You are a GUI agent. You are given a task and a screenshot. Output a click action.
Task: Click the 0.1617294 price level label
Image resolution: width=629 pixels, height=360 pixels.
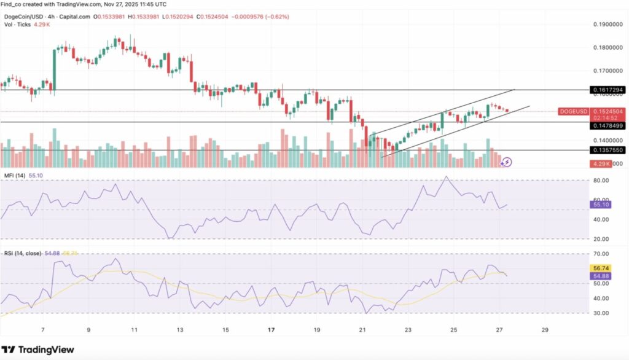click(608, 90)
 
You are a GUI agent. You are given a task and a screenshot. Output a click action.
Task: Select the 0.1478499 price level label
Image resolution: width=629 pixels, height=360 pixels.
click(608, 125)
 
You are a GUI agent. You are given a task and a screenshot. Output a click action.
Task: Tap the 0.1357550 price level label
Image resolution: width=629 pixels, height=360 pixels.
click(608, 150)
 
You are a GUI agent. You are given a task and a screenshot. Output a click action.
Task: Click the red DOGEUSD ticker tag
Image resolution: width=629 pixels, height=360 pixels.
click(574, 111)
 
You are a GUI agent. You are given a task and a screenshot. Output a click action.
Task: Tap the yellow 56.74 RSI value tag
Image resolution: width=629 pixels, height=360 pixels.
click(600, 268)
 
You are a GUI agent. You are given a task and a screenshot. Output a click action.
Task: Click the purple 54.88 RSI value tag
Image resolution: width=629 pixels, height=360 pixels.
click(600, 277)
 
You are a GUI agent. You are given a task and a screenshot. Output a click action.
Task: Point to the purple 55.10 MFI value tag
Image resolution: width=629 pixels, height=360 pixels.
click(600, 205)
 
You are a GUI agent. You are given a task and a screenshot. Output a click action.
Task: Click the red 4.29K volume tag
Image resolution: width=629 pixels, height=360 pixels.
click(600, 164)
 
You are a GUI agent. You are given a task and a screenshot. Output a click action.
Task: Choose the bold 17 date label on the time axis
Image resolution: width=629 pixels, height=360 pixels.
click(271, 330)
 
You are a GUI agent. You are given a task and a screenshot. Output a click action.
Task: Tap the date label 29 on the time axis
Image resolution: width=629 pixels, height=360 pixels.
click(545, 330)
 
